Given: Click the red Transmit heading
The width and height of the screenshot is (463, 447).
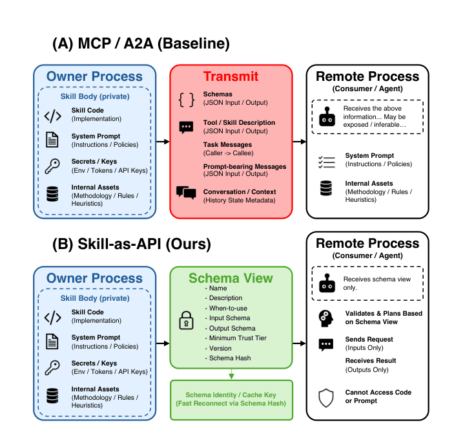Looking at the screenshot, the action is [x=231, y=76].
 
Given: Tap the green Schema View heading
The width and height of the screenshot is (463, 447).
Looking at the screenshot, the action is [x=231, y=278].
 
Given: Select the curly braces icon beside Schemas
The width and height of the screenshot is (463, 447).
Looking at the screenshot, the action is [x=187, y=100].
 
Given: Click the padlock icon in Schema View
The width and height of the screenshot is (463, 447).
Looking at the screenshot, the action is [x=187, y=320].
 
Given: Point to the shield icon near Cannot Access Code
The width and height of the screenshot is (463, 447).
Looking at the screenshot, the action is [x=326, y=398].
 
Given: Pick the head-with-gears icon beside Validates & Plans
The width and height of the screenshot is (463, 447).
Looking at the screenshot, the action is [x=326, y=318].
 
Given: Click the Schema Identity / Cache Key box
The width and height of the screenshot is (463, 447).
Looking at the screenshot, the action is [x=231, y=400].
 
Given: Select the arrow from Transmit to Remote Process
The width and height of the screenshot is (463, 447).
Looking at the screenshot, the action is [x=299, y=142].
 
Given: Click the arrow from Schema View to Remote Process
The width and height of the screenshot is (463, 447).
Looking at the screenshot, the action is [x=299, y=343].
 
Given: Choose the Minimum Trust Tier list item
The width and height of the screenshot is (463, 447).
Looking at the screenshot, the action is [x=236, y=338].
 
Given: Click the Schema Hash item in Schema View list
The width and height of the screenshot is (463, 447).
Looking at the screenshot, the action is [x=228, y=358].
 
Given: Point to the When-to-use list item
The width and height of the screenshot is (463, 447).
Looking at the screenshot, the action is [x=226, y=309].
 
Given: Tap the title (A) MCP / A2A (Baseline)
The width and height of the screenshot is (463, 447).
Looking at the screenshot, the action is [x=141, y=43].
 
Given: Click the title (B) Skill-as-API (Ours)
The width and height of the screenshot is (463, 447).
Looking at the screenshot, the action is [x=132, y=245].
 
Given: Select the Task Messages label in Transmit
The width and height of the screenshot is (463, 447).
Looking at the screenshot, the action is [x=227, y=145].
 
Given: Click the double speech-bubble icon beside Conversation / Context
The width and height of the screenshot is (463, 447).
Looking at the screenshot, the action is [x=186, y=193].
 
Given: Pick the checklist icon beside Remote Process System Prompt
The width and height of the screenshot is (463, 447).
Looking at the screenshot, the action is [x=327, y=162].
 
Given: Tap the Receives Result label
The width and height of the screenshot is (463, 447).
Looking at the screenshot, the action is [x=371, y=360].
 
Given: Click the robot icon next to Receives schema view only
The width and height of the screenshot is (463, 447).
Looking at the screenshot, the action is [x=327, y=283].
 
